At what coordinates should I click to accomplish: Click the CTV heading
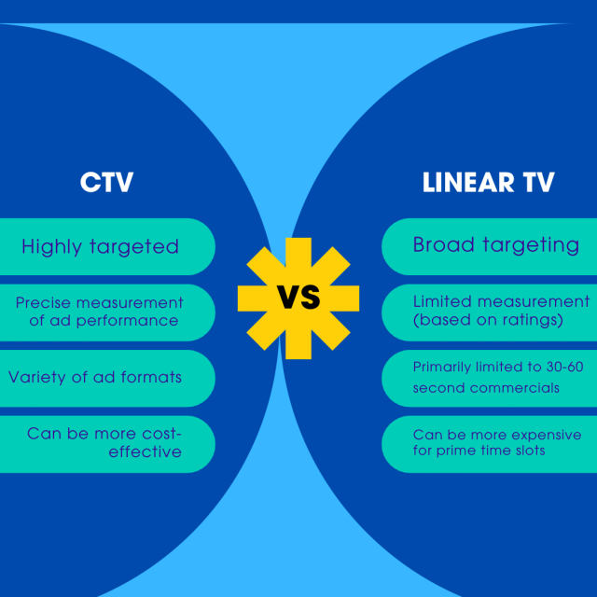[x=106, y=182]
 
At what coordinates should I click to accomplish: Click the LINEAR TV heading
[x=488, y=182]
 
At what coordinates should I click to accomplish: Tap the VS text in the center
[x=298, y=298]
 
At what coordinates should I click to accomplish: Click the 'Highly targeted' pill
[x=100, y=247]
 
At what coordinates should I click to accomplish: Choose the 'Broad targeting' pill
[x=495, y=245]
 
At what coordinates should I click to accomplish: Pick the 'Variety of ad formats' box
[x=95, y=378]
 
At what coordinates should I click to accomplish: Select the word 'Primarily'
[x=443, y=368]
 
